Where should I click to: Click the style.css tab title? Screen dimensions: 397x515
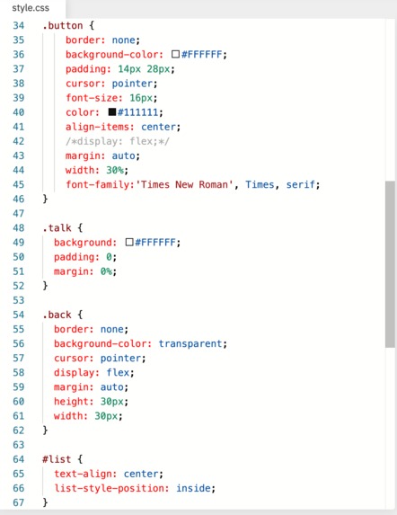[31, 8]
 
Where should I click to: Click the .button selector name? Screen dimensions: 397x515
[62, 26]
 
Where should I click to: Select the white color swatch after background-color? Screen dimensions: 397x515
[175, 54]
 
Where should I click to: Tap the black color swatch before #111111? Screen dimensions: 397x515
[112, 112]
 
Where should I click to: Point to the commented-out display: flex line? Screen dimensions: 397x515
[117, 141]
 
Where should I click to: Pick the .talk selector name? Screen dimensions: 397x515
[57, 227]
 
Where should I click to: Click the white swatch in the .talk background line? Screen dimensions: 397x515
[129, 243]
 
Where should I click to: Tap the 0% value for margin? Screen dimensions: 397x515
[106, 271]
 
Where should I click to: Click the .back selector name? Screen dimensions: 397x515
[57, 315]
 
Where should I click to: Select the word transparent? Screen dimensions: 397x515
[190, 343]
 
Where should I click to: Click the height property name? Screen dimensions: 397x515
[71, 402]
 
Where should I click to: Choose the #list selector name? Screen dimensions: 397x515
[57, 459]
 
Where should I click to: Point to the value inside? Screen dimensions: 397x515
[194, 488]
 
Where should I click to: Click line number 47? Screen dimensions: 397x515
[18, 214]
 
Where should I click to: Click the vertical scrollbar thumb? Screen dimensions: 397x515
[390, 264]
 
